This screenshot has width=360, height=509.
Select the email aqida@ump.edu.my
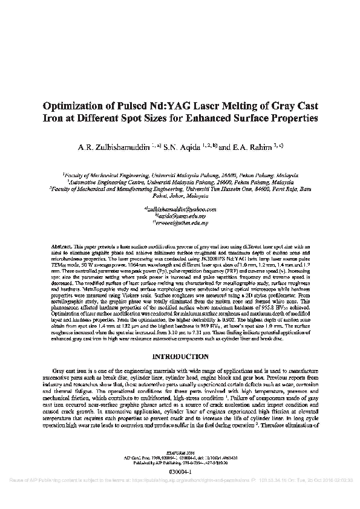pyautogui.click(x=180, y=216)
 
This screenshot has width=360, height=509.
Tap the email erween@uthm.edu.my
pyautogui.click(x=180, y=223)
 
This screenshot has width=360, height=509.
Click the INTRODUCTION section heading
pyautogui.click(x=180, y=356)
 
